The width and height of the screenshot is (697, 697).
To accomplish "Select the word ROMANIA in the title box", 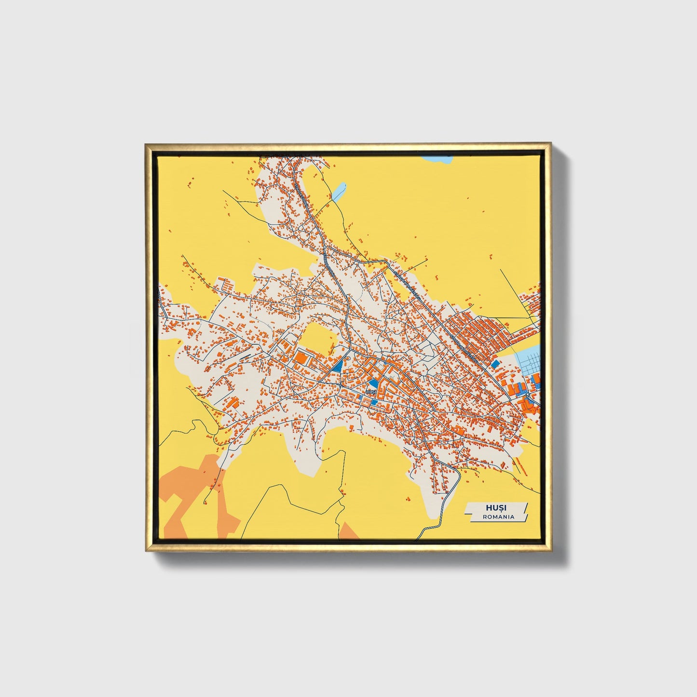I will (x=498, y=517).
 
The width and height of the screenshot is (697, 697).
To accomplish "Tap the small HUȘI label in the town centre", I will (x=371, y=392).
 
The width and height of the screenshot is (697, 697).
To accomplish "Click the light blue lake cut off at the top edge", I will (x=437, y=158).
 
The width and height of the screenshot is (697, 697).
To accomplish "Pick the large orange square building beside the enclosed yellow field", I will (x=301, y=357).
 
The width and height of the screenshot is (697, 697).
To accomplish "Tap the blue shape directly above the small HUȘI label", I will (x=372, y=384).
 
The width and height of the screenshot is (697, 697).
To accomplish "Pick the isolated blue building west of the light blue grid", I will (x=495, y=363).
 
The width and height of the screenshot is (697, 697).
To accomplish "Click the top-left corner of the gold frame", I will (x=146, y=144).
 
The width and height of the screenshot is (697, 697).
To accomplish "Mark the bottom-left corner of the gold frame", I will (x=146, y=550).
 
